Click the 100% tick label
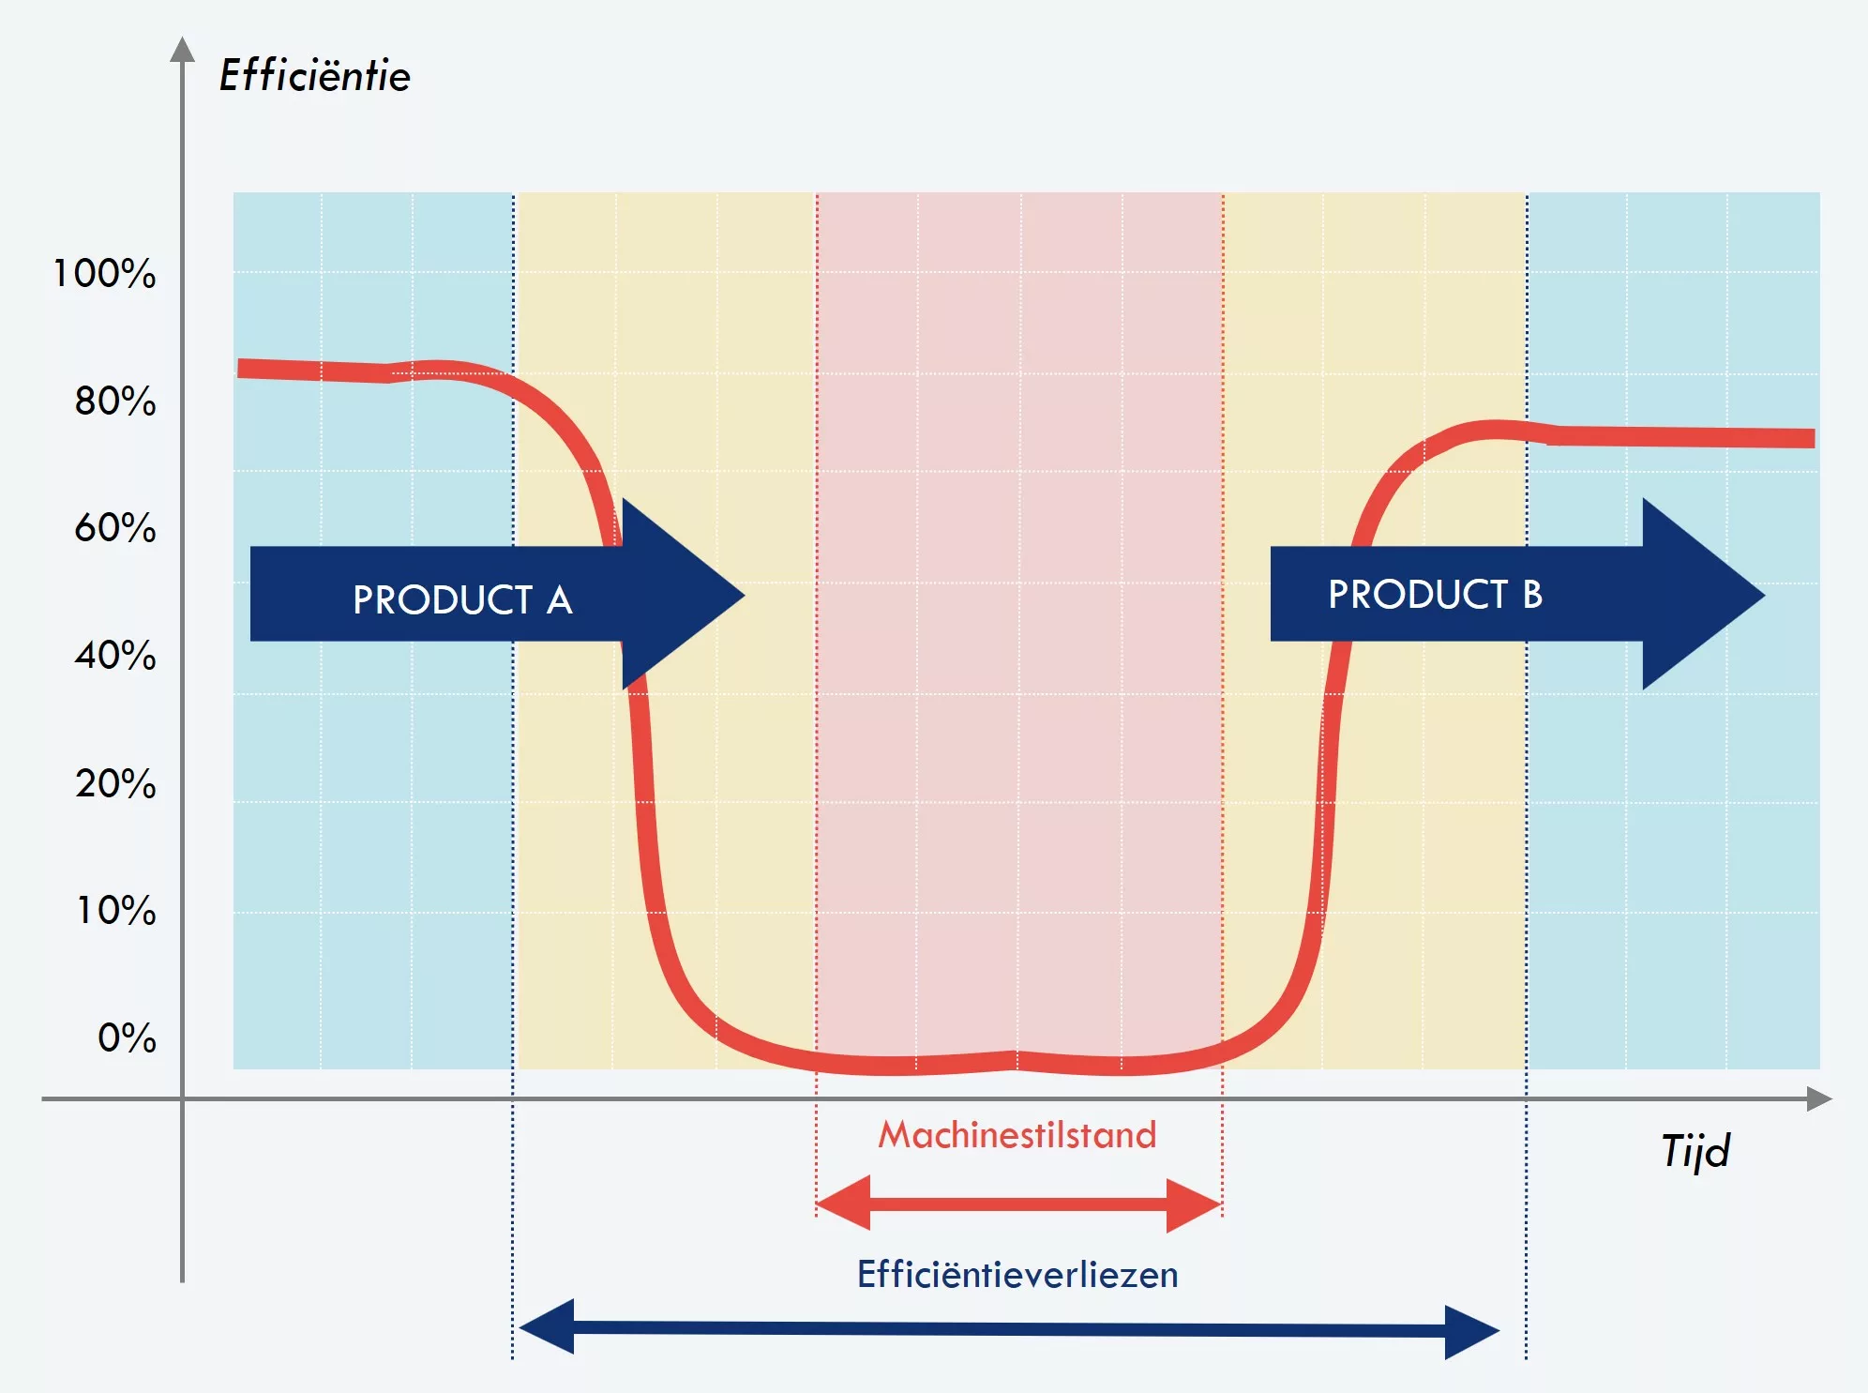tap(104, 274)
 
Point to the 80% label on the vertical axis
tap(114, 401)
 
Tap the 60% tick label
tap(114, 528)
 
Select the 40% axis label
tap(114, 656)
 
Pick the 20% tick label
tap(114, 783)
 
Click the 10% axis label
tap(115, 910)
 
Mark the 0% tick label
tap(127, 1037)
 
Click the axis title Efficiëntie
tap(315, 75)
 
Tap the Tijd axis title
tap(1695, 1151)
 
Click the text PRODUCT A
tap(462, 599)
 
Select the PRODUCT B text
tap(1435, 594)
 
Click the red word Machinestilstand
tap(1017, 1135)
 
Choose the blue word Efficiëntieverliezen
tap(1017, 1275)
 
